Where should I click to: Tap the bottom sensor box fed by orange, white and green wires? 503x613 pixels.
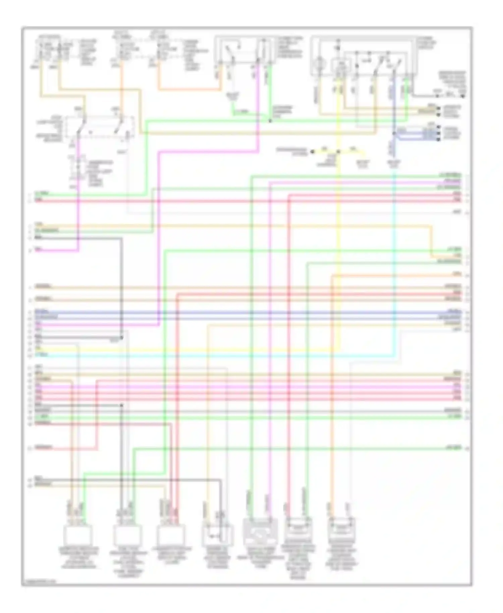pos(78,535)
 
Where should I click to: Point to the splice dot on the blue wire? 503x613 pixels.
pos(394,133)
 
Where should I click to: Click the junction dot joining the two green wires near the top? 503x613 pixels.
pos(270,120)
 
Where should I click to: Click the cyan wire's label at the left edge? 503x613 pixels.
pos(42,354)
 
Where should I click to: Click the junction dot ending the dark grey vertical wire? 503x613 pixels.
pos(122,405)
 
